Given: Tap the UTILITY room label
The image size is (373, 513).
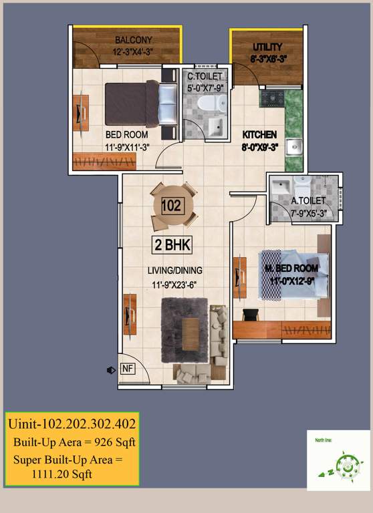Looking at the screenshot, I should [267, 47].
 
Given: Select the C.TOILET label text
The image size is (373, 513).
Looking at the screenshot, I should [205, 77].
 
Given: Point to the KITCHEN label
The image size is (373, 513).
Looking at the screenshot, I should [259, 135].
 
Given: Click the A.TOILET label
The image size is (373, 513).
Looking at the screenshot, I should [308, 200].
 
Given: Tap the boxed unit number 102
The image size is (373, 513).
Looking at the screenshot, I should [172, 206].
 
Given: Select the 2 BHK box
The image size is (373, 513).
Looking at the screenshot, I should [172, 244].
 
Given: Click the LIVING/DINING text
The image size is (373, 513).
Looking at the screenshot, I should [175, 271].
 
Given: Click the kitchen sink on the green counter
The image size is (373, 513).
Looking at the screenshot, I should [293, 146].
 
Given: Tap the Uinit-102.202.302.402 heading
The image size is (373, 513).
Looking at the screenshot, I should [72, 423].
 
